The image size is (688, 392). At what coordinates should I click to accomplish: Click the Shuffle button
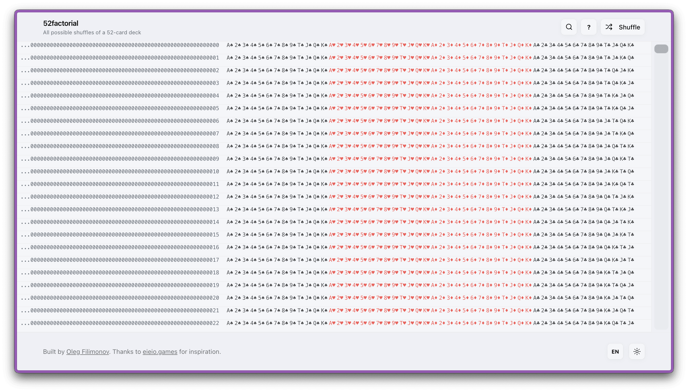[622, 27]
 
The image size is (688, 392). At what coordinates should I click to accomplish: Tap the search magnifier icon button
[569, 27]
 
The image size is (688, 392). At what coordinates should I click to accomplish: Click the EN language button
[615, 352]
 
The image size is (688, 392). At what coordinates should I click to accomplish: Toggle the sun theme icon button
[637, 352]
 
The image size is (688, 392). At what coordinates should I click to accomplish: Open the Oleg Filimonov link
[88, 352]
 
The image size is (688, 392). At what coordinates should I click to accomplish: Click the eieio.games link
[160, 352]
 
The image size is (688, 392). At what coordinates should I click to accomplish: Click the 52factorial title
[61, 23]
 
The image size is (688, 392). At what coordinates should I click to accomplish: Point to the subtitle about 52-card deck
[92, 32]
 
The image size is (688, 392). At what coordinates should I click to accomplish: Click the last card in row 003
[631, 83]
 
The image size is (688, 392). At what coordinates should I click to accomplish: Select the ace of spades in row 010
[230, 172]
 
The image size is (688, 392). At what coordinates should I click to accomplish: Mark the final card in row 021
[631, 311]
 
